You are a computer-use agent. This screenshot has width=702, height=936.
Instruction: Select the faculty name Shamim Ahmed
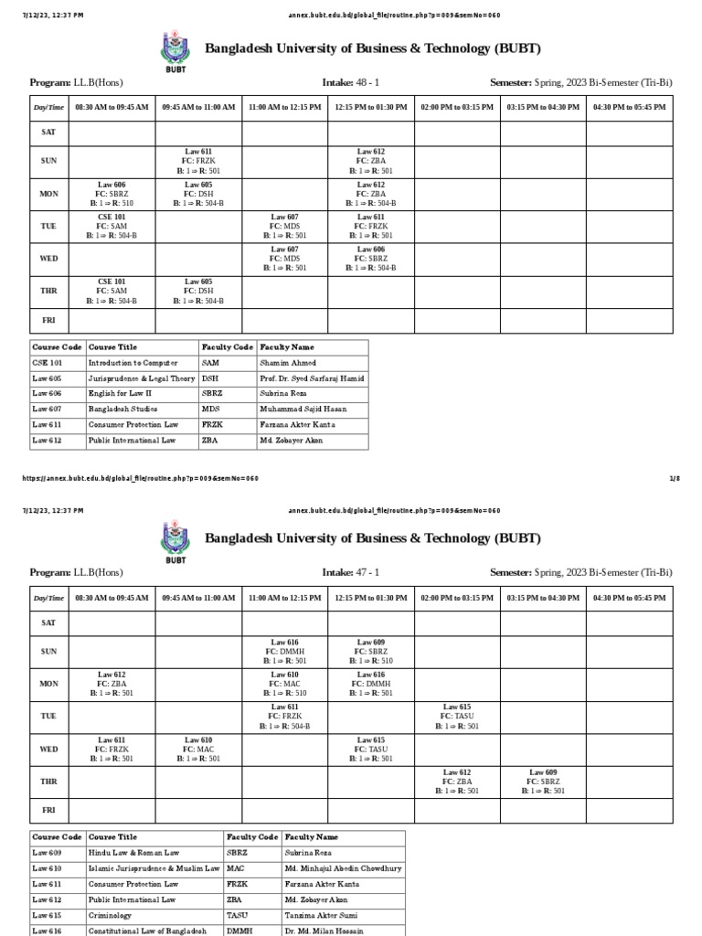pyautogui.click(x=286, y=363)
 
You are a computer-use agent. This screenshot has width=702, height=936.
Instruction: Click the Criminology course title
pyautogui.click(x=110, y=916)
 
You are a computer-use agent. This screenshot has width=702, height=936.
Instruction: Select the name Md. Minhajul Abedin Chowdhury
pyautogui.click(x=343, y=869)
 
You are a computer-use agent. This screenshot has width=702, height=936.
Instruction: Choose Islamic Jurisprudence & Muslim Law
pyautogui.click(x=154, y=869)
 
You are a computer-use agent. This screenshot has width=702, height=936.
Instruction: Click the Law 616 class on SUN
pyautogui.click(x=284, y=651)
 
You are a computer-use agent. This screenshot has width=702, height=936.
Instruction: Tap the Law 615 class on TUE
pyautogui.click(x=456, y=717)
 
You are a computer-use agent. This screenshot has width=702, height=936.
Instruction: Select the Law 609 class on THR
pyautogui.click(x=543, y=782)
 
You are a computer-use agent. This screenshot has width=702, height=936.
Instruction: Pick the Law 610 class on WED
pyautogui.click(x=198, y=750)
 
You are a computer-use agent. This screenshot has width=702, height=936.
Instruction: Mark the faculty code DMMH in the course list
pyautogui.click(x=239, y=931)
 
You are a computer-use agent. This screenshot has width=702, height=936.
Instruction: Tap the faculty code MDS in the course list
pyautogui.click(x=211, y=409)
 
